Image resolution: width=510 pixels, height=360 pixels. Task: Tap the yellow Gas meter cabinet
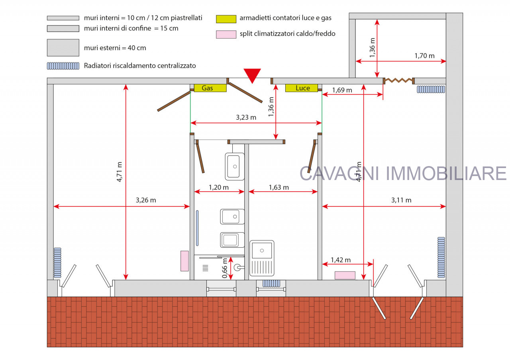point(210,88)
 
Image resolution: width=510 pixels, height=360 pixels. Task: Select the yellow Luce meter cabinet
point(302,88)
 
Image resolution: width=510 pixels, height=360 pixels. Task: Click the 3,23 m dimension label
point(246,117)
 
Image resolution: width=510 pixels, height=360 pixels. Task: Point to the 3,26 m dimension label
point(146,200)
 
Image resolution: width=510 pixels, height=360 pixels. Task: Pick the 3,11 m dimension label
point(401,200)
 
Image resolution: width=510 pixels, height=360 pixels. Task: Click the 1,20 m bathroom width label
point(219,188)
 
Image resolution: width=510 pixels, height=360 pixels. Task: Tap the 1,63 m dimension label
point(279,188)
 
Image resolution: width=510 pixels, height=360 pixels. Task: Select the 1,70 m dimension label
point(424,56)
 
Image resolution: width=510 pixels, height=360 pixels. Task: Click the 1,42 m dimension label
point(341,260)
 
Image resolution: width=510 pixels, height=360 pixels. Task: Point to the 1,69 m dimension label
point(342,90)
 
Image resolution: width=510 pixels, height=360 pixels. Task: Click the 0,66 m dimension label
point(225,268)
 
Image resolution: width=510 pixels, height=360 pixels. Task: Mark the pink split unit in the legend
point(226,34)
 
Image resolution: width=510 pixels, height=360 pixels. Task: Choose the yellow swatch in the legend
point(226,19)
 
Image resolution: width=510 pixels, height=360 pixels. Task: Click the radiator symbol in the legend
point(63,66)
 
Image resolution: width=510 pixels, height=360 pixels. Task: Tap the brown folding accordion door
point(399,80)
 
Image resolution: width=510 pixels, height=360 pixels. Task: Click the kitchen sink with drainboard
point(262,258)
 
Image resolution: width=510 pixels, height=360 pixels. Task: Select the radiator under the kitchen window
point(271,283)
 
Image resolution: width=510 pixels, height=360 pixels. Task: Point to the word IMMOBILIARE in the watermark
point(446,173)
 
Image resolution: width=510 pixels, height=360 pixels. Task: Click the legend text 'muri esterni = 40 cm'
point(115,48)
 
